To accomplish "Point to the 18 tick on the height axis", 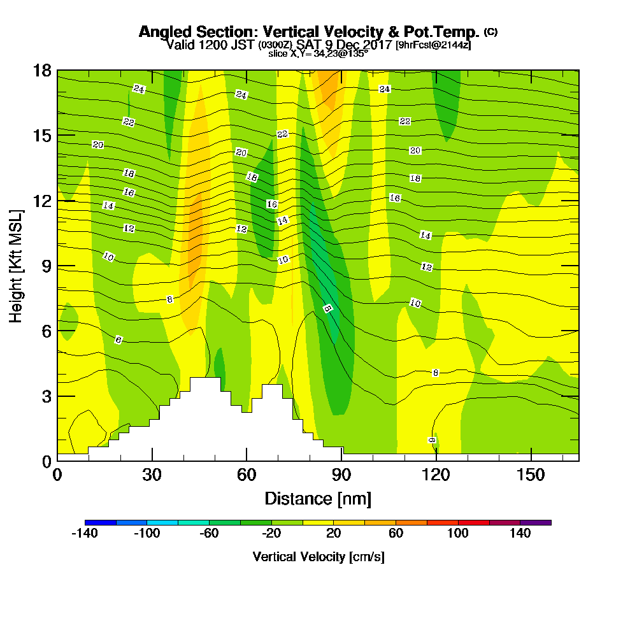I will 42,70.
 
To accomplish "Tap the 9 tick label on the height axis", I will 46,266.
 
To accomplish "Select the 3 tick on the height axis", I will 46,396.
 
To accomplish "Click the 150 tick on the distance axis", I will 531,475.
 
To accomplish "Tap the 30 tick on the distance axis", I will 152,475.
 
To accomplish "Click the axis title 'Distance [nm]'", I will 318,498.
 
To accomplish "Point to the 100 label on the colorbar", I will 458,534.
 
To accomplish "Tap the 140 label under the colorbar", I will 520,534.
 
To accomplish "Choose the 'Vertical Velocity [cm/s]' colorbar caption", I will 318,557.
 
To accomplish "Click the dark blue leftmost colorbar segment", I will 100,522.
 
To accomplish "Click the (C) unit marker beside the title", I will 490,31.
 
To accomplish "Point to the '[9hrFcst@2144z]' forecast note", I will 433,45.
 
